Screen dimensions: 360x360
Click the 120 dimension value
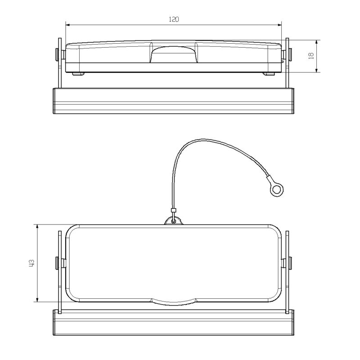(x=174, y=19)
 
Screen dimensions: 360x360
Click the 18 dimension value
(x=310, y=56)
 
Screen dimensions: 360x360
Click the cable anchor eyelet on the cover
(x=173, y=220)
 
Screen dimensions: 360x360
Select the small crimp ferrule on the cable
(x=173, y=211)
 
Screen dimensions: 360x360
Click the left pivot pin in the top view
(x=57, y=55)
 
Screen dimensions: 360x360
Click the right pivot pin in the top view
(x=290, y=55)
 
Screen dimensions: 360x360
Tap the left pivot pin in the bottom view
(x=57, y=263)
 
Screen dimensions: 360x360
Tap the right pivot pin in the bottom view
(x=290, y=263)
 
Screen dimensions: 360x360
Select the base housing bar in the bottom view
(x=173, y=323)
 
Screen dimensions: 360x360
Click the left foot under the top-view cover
(x=77, y=74)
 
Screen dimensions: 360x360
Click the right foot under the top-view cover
(x=270, y=74)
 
